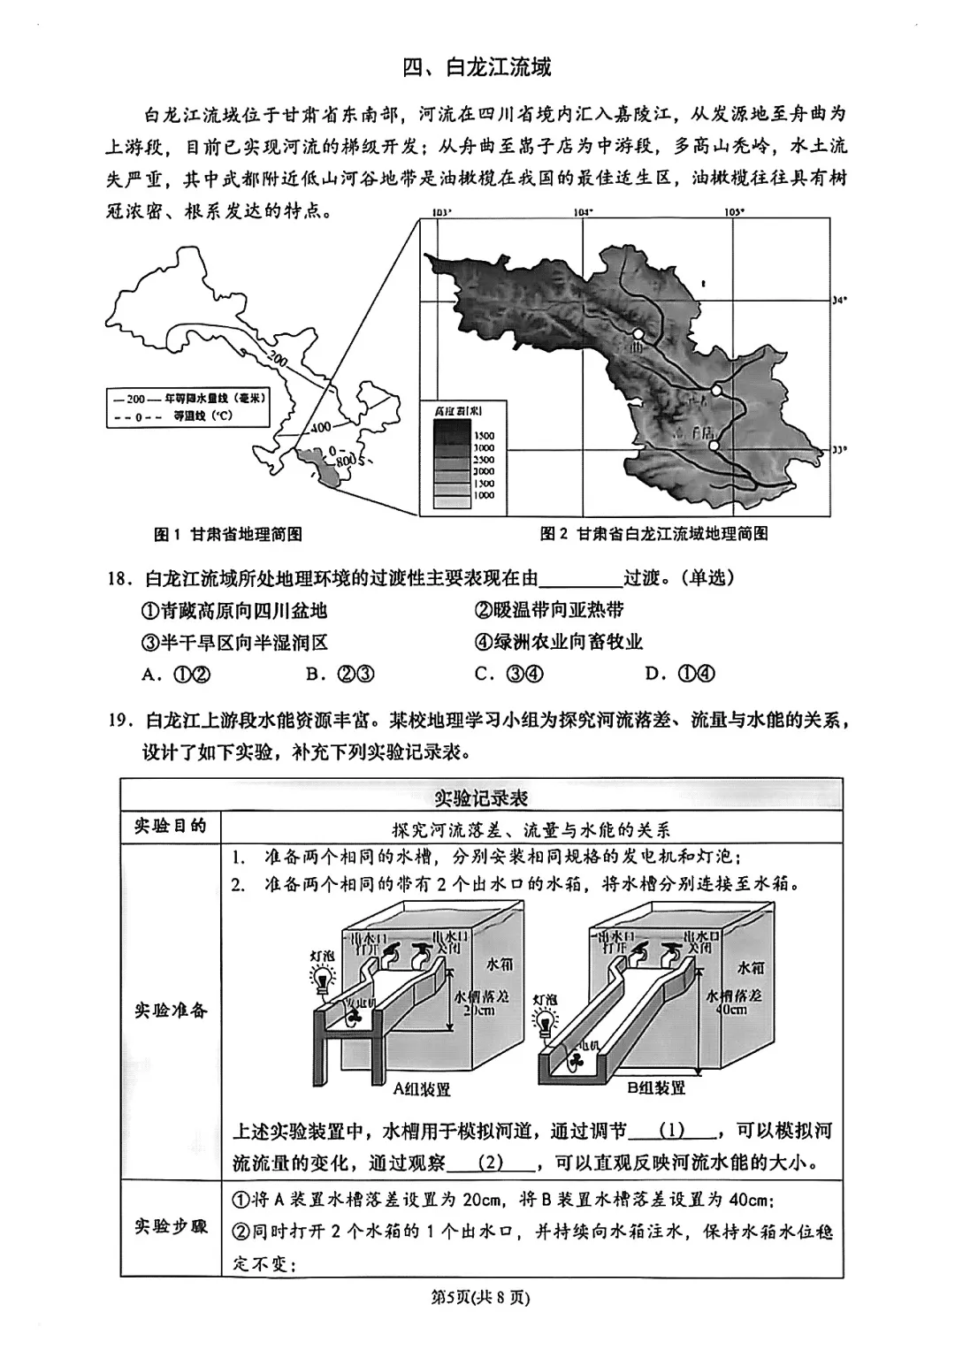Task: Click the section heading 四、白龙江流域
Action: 477,68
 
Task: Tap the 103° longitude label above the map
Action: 440,212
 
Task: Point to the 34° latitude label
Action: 839,301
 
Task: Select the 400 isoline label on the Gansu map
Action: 320,429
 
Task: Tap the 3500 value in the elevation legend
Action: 484,436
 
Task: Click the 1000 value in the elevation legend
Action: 484,496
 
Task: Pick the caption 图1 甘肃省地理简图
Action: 228,534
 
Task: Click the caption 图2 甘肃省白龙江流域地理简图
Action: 653,534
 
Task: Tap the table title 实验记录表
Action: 481,797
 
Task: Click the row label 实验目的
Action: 170,827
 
